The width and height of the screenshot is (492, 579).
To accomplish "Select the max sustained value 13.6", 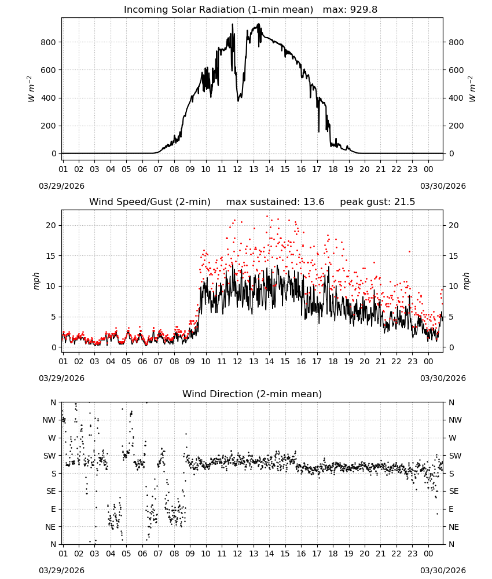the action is [x=314, y=202].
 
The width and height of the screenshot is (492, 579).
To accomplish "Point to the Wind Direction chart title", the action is [x=252, y=394].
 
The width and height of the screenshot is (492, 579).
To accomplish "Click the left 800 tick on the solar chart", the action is [x=49, y=42].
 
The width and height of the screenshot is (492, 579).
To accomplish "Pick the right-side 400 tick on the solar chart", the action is [x=456, y=98].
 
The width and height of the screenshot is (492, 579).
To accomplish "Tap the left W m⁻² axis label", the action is [x=31, y=89].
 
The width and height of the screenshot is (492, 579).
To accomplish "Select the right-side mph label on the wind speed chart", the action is [x=466, y=281].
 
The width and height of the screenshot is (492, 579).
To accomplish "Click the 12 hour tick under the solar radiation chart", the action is [x=237, y=169].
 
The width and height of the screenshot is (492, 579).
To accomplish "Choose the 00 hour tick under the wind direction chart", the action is [x=428, y=554].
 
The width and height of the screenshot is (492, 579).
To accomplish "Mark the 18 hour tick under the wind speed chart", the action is [x=333, y=361].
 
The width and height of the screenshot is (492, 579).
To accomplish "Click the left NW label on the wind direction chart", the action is [x=49, y=420].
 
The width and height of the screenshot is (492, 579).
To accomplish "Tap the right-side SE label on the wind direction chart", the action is [x=454, y=491].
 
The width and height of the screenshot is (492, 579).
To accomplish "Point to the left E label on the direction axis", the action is [x=53, y=509].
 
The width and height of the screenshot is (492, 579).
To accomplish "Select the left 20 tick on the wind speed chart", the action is [x=51, y=225].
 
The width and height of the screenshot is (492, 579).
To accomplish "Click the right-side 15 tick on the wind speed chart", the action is [x=454, y=256].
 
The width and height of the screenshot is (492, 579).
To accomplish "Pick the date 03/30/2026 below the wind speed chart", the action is [x=443, y=378].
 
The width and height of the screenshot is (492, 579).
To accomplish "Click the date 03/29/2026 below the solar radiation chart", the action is [x=61, y=186].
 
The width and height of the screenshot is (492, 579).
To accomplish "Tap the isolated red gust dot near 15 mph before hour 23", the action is [x=409, y=252].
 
